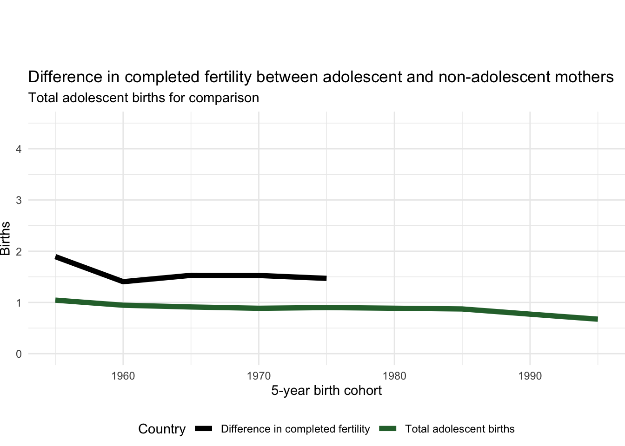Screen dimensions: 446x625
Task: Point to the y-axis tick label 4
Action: [x=19, y=149]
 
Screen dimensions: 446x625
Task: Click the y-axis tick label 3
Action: [x=19, y=200]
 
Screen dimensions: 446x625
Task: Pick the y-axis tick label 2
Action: [x=19, y=252]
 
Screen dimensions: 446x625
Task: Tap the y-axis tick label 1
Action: [x=19, y=303]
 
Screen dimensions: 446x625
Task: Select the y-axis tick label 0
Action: [x=19, y=354]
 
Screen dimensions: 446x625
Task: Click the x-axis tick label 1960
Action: [x=123, y=376]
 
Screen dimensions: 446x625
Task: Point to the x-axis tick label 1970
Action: [x=259, y=376]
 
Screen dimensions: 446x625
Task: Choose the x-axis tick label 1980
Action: [x=394, y=376]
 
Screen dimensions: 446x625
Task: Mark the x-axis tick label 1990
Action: [x=530, y=376]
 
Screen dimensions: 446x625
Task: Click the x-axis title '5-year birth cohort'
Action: [x=326, y=391]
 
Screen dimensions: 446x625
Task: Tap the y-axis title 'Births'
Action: [x=6, y=239]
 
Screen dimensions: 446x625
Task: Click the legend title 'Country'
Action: [x=162, y=429]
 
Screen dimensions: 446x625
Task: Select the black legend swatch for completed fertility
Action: [x=204, y=429]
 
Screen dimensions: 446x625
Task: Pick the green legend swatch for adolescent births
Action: [x=388, y=429]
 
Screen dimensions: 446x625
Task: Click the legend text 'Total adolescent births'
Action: [x=460, y=429]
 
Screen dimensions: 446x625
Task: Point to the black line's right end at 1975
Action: [x=326, y=278]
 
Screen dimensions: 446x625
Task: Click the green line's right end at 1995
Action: [x=597, y=319]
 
